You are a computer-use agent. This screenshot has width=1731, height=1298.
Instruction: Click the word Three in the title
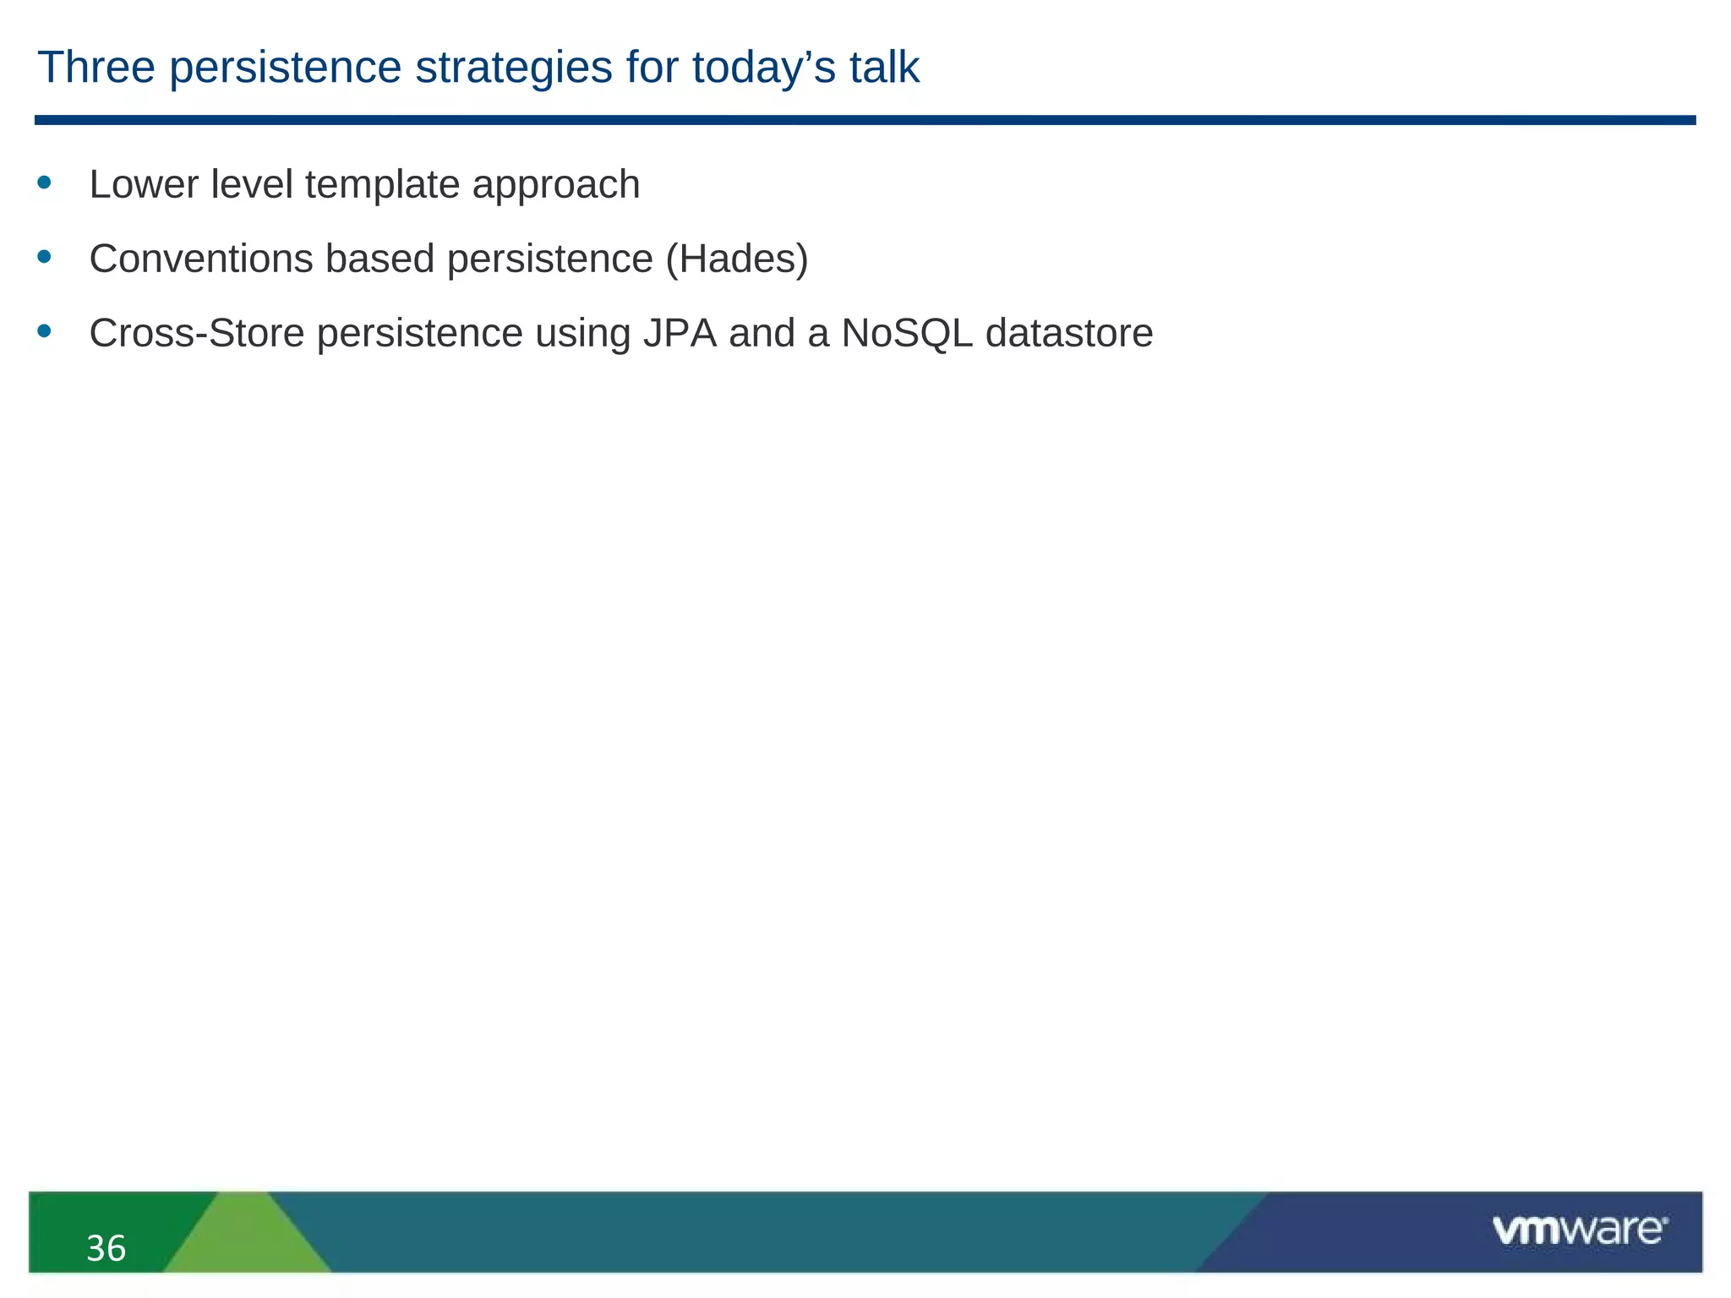click(96, 68)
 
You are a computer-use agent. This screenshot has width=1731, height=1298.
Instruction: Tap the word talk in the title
click(884, 68)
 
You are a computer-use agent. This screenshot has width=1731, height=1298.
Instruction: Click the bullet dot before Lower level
click(45, 182)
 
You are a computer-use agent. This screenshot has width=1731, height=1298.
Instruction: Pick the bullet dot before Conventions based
click(45, 256)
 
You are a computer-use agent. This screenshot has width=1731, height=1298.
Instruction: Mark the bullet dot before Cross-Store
click(45, 330)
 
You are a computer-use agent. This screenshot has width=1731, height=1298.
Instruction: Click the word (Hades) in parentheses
click(737, 259)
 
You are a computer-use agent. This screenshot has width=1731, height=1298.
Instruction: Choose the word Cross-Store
click(196, 333)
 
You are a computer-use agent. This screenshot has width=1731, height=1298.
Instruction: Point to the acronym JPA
click(680, 333)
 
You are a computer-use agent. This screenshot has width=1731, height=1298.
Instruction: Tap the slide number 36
click(106, 1248)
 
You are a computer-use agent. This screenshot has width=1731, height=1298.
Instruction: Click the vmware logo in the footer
click(1579, 1230)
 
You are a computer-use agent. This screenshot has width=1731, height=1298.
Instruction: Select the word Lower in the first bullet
click(144, 185)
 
